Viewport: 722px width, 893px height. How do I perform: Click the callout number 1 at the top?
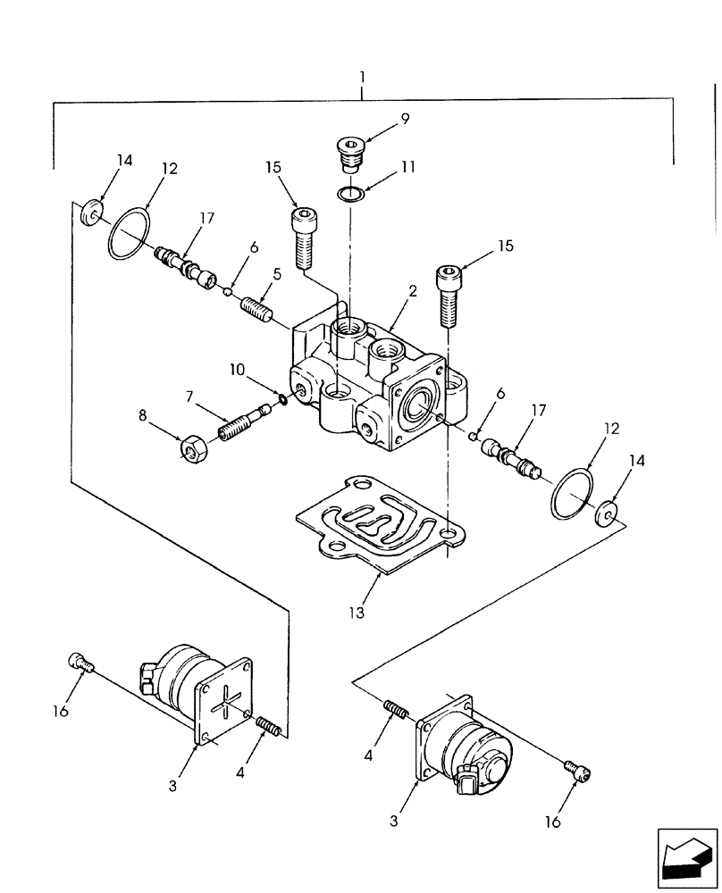pos(362,78)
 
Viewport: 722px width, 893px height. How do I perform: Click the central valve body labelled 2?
pos(375,384)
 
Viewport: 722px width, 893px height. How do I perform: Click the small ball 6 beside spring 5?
pos(229,289)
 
